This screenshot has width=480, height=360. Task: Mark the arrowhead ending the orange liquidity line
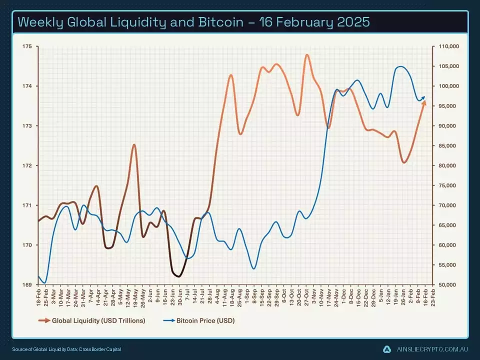[x=424, y=102]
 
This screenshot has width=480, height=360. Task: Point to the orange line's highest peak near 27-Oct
[x=306, y=55]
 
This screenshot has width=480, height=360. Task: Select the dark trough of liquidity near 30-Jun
[x=178, y=276]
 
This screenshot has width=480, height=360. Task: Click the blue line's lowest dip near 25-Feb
[x=45, y=283]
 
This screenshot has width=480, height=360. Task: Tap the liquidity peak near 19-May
[x=134, y=144]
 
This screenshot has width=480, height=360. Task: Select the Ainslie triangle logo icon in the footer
[x=386, y=348]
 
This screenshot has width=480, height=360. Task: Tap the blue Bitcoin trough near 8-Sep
[x=254, y=268]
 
